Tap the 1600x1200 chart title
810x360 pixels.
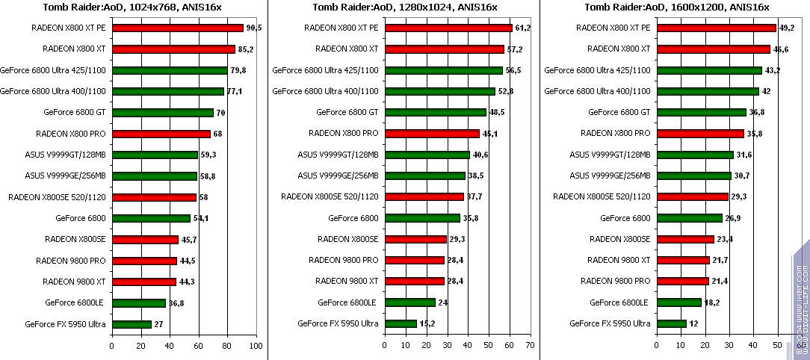(677, 7)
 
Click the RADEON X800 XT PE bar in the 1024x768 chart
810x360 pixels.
(177, 28)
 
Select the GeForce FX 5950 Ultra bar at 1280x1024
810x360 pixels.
(401, 324)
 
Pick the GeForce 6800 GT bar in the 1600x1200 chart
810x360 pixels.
(701, 113)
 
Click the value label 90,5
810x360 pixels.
(254, 28)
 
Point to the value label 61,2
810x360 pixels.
(522, 28)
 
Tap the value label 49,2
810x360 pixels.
(787, 28)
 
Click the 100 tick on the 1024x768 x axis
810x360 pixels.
(256, 347)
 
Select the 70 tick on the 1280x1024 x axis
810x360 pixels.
(529, 347)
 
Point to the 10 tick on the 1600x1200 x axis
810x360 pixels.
(680, 347)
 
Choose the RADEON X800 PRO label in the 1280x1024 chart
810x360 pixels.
(344, 134)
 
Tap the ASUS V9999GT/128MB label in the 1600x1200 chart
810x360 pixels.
(610, 155)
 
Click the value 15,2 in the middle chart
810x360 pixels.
(427, 324)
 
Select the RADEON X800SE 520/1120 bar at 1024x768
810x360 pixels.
(154, 197)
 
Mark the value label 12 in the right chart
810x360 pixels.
(693, 324)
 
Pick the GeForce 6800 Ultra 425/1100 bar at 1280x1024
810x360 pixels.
(443, 70)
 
